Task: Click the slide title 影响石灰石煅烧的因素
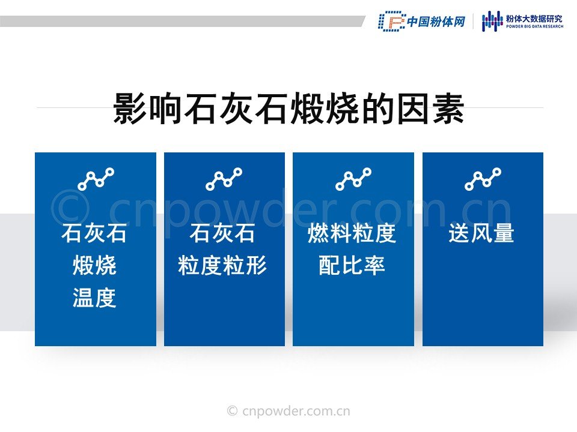288,109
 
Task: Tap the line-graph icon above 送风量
483,179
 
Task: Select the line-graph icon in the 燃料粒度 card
353,179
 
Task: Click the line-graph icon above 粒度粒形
224,179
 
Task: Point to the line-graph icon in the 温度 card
96,179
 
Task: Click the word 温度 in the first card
94,298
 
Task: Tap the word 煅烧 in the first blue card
94,265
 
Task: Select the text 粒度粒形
222,265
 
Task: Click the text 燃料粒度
352,233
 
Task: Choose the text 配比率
352,265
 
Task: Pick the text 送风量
481,233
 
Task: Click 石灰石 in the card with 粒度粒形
222,233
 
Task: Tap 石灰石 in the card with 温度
94,233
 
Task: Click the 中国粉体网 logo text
436,22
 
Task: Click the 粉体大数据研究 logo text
534,19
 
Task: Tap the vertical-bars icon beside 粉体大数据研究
492,22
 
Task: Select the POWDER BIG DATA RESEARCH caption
535,26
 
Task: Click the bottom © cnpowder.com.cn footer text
288,410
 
